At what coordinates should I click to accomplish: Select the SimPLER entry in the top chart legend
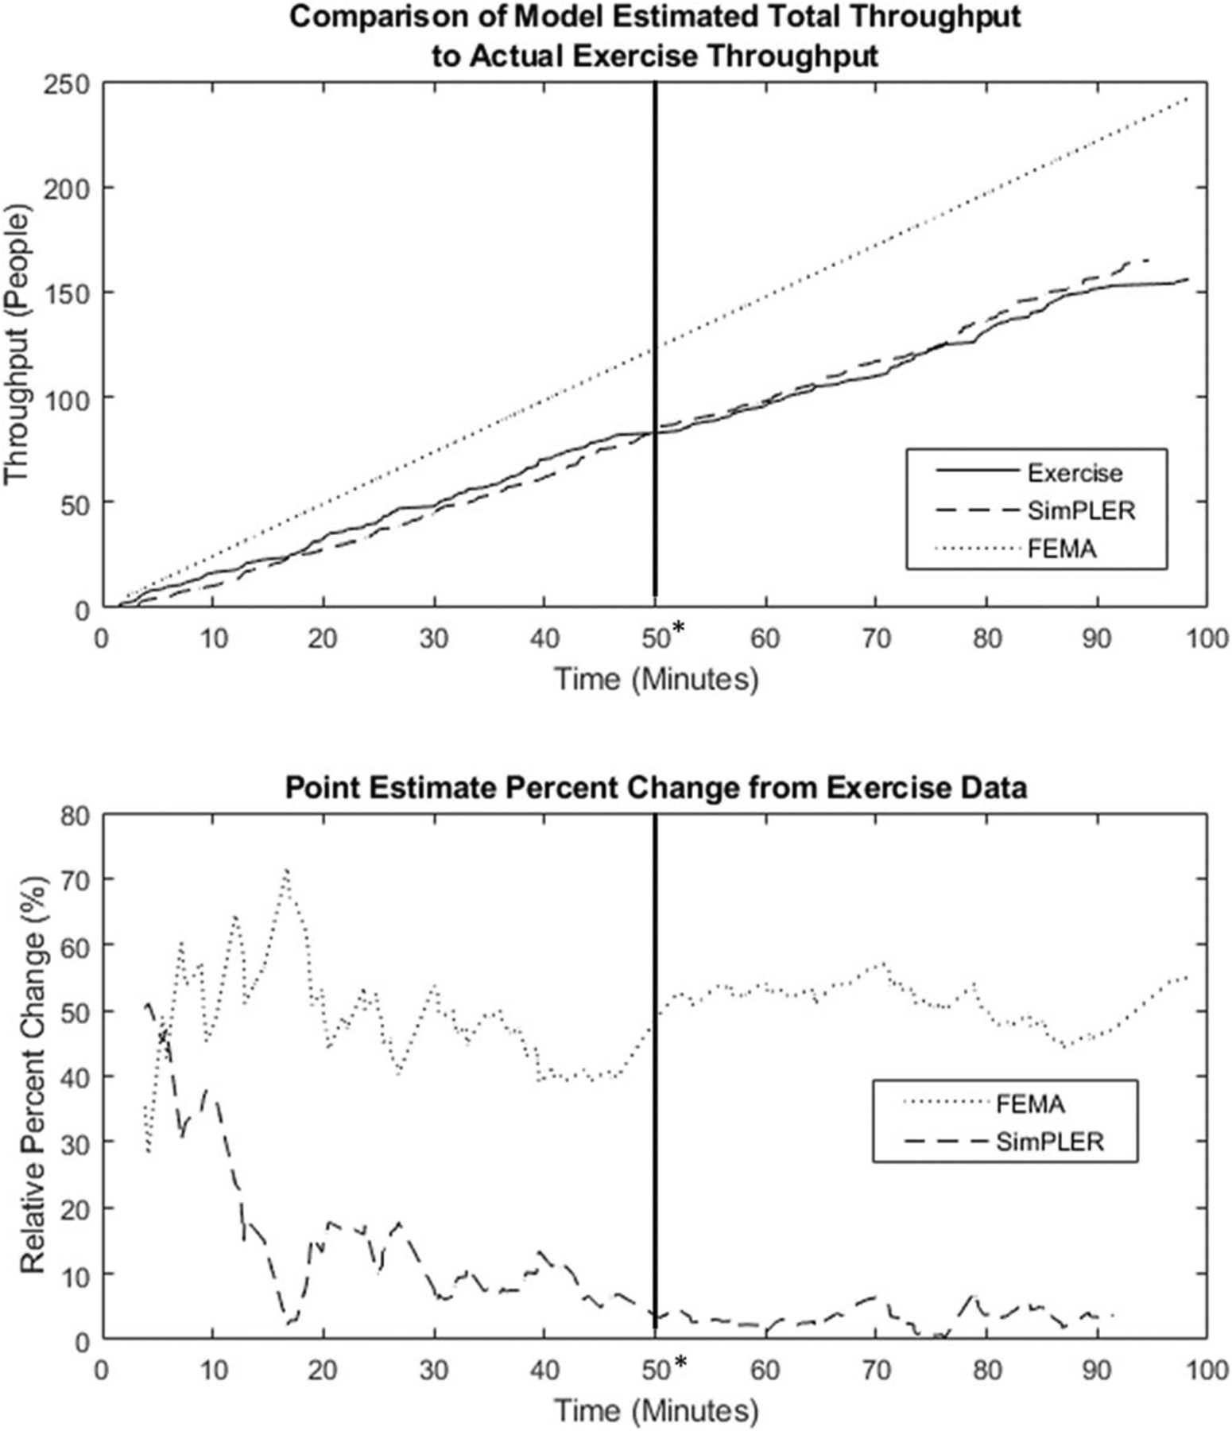[1080, 510]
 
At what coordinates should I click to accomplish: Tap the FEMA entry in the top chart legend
[1061, 549]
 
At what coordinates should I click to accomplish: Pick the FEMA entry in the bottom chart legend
[1030, 1104]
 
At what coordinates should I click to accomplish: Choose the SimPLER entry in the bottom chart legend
[1049, 1142]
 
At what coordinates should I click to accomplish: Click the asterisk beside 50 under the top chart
[679, 629]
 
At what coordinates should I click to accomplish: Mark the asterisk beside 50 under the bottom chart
[679, 1363]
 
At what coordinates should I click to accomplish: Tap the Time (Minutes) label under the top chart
[656, 679]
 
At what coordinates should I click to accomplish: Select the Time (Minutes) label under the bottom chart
[656, 1411]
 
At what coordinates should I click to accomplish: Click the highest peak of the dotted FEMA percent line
[287, 870]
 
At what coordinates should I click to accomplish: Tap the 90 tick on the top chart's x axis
[1097, 638]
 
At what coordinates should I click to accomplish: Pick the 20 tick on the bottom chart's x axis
[323, 1371]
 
